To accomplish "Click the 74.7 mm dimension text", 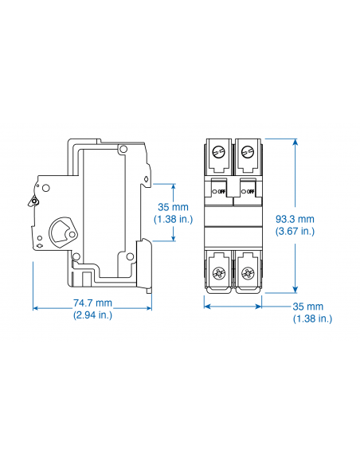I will [x=92, y=303].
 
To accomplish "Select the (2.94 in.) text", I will [x=92, y=315].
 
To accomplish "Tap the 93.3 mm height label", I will [x=295, y=219].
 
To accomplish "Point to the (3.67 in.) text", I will [x=295, y=232].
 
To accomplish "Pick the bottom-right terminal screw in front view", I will [x=247, y=275].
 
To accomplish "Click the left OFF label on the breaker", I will [x=220, y=191].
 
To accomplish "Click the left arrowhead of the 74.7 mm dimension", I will [x=37, y=308].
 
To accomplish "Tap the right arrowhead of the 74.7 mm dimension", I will [x=148, y=308].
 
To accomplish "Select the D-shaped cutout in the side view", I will [x=61, y=232].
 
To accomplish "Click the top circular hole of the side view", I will [x=122, y=149].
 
